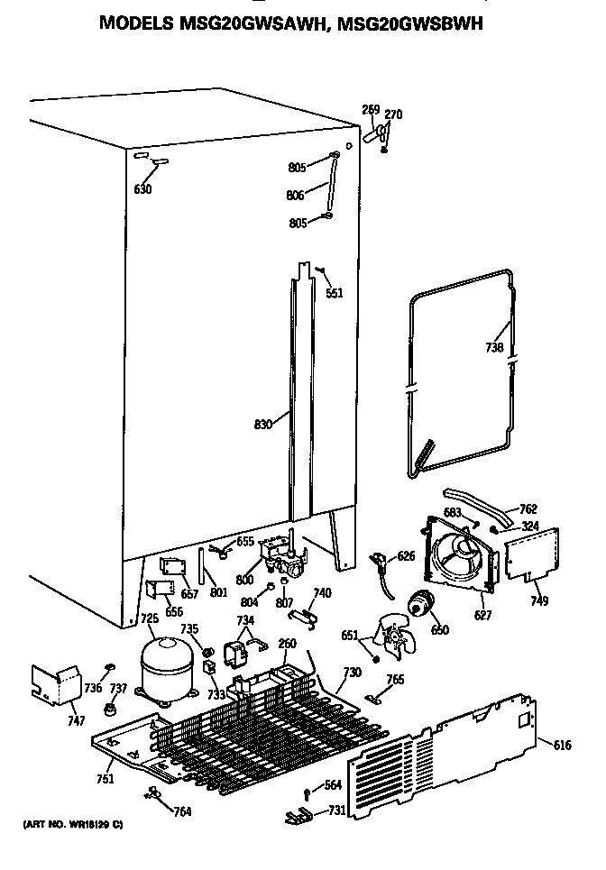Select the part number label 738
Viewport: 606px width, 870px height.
coord(494,346)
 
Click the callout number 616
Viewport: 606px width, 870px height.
coord(562,744)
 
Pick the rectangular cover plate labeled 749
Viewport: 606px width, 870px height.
coord(531,555)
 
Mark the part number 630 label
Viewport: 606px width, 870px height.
coord(142,189)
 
